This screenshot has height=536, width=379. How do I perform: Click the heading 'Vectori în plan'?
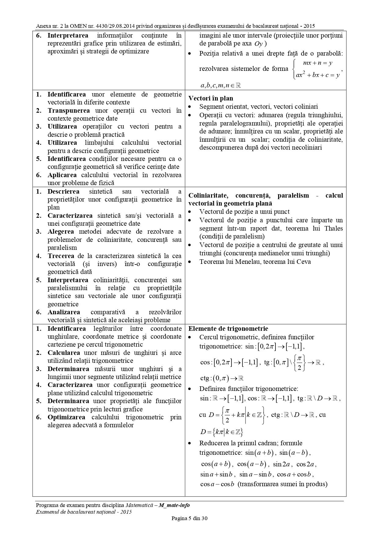210,98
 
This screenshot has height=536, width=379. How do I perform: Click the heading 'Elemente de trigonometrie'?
228,329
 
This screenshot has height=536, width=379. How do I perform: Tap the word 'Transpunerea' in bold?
69,111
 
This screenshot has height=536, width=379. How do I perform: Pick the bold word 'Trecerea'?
61,256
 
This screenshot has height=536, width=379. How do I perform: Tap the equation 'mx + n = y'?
317,63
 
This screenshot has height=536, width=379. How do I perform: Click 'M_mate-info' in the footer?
174,505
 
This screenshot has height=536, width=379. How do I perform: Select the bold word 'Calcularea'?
64,353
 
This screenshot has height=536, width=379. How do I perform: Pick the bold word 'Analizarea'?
64,312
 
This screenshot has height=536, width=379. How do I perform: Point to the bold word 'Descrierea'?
63,191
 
